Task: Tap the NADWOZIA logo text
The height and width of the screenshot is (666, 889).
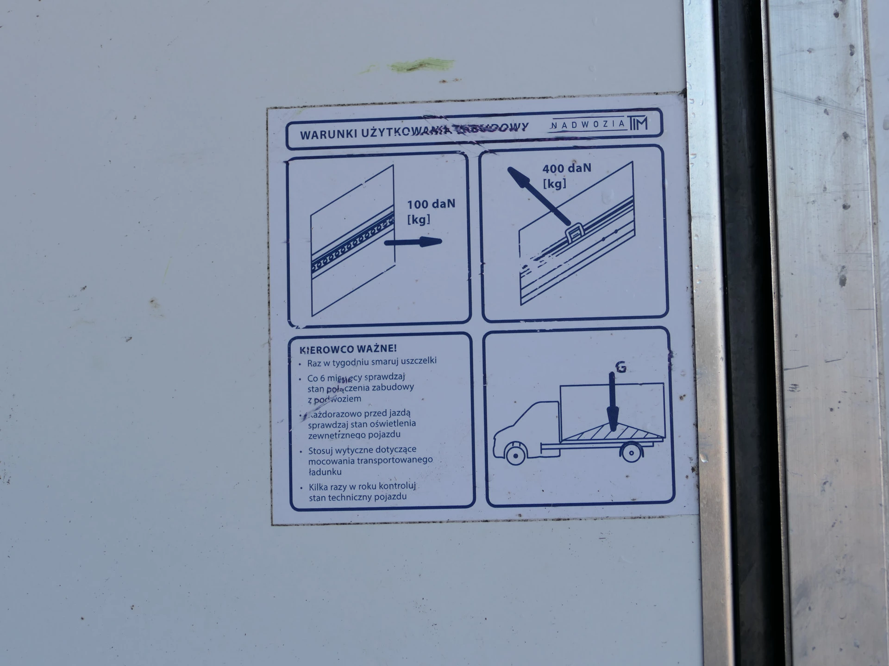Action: tap(588, 124)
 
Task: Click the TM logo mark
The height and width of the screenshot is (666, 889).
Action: tap(638, 123)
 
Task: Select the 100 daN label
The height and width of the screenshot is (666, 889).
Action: tap(431, 204)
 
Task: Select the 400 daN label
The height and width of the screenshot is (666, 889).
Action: tap(567, 168)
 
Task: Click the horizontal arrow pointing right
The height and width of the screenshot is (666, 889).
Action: tap(413, 241)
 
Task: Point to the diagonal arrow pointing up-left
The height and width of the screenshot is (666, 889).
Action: tap(537, 195)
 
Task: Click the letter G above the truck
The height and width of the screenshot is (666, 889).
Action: tap(621, 367)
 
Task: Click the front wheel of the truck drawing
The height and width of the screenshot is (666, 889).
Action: tap(515, 455)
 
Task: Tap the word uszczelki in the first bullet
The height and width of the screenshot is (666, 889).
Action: tap(417, 360)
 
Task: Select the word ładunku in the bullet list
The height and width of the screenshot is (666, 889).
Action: tap(325, 472)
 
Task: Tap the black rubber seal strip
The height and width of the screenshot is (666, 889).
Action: tap(740, 324)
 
